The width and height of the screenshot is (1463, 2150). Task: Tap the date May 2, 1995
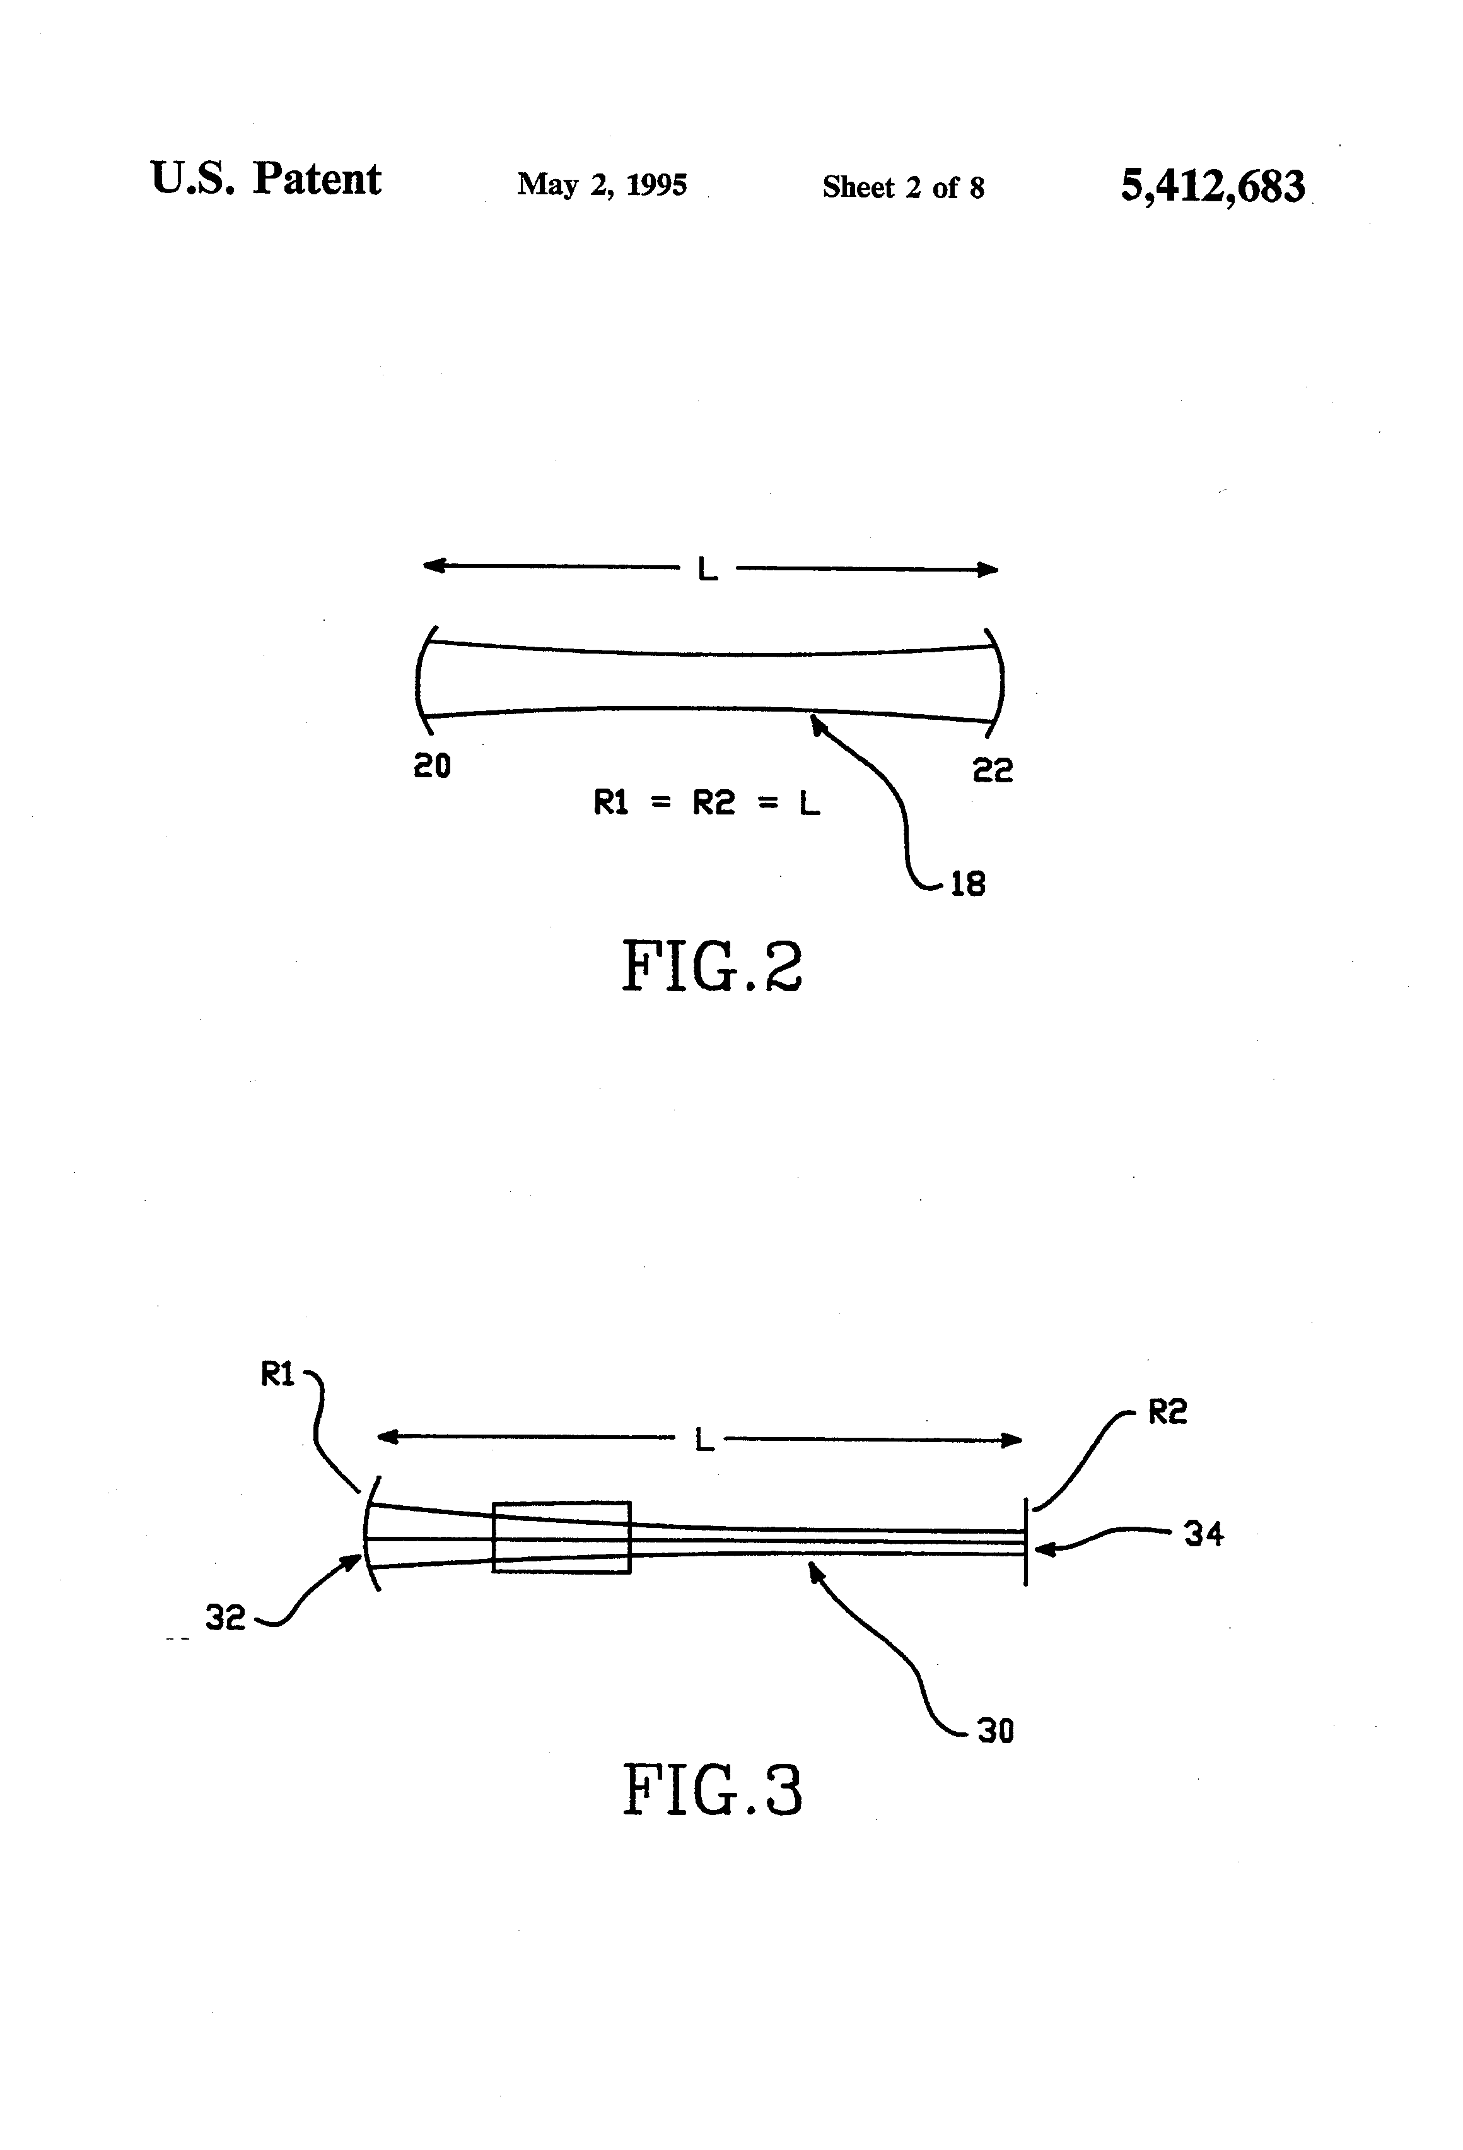602,184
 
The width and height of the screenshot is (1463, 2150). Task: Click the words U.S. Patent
265,179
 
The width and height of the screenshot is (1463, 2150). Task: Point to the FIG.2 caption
711,966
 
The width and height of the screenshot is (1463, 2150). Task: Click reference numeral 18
967,884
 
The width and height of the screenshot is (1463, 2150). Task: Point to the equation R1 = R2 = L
706,803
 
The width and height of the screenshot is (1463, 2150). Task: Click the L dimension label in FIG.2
708,570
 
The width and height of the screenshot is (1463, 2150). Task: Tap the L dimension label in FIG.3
704,1440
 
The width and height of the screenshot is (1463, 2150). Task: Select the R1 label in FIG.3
277,1376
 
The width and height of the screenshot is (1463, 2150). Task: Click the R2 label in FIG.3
1167,1412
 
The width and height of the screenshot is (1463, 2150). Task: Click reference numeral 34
1203,1535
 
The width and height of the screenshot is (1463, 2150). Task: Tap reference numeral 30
995,1731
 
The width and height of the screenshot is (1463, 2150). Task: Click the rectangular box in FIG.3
561,1537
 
